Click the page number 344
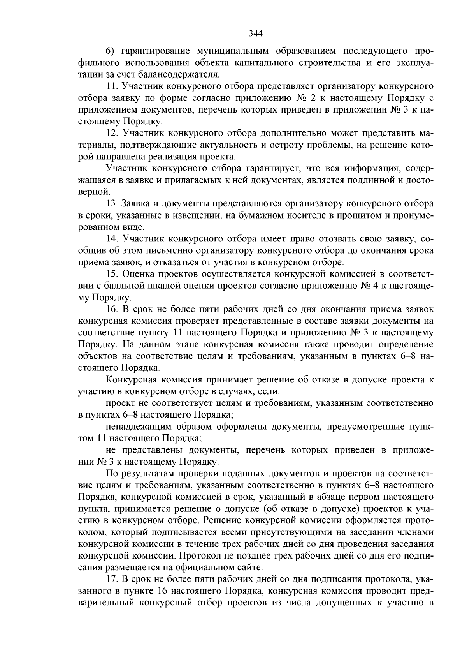256,33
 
